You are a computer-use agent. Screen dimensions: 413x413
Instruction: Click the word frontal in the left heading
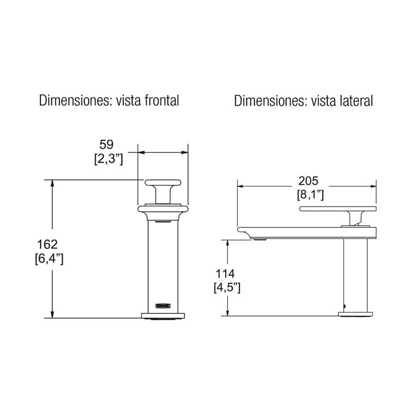point(162,100)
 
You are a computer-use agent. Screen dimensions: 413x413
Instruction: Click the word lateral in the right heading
point(357,101)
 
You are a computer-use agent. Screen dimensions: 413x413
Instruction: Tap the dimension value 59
point(106,145)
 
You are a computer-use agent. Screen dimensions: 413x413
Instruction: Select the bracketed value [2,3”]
point(108,159)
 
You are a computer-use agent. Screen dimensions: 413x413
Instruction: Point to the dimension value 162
point(47,244)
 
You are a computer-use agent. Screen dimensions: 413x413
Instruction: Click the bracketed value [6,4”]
point(49,259)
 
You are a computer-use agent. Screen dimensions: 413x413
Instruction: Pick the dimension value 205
point(308,181)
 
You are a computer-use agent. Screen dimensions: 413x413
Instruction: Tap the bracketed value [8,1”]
point(310,195)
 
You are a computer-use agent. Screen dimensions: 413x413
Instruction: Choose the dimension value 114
point(225,274)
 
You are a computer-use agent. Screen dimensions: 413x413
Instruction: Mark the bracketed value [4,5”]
point(227,288)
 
